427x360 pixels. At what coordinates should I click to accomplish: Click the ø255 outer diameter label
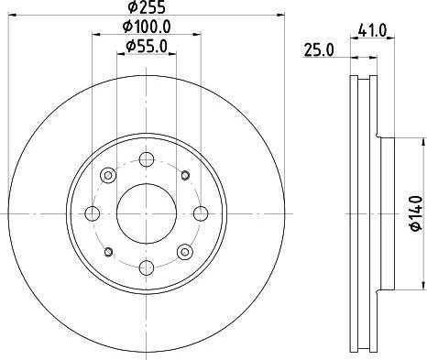145,11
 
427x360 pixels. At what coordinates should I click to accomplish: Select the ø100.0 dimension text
147,28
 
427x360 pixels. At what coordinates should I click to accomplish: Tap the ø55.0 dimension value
145,46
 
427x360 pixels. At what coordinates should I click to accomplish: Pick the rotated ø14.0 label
414,213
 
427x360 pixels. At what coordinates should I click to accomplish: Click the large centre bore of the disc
145,213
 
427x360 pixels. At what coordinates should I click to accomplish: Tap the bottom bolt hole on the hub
145,267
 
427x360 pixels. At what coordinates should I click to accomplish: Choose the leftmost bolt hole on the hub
93,213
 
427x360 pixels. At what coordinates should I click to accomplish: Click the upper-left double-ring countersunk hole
107,175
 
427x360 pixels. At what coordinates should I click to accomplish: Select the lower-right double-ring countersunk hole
183,251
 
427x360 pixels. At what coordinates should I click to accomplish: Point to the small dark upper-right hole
184,174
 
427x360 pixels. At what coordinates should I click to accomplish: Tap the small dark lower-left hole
107,252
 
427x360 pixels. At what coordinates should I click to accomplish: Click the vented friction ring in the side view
365,213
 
